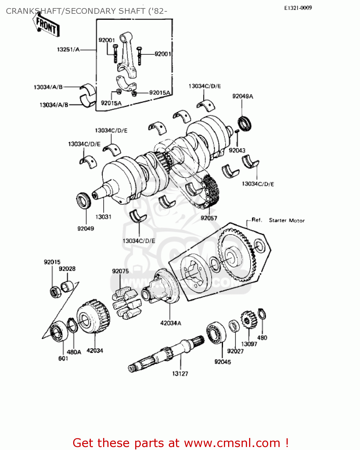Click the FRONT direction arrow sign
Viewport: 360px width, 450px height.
[46, 26]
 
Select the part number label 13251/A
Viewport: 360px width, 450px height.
[68, 49]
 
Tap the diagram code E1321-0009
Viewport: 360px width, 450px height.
[298, 8]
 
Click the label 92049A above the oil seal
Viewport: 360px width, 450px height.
[242, 96]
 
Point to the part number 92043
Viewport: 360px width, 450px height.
[237, 150]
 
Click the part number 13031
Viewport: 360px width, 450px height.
[103, 217]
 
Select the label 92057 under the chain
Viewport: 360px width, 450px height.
[209, 218]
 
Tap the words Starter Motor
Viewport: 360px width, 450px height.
[287, 220]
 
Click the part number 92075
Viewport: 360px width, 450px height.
[120, 271]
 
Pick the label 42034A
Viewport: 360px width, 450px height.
[171, 323]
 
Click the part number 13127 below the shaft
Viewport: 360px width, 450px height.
[180, 373]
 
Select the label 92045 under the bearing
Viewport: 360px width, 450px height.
[222, 362]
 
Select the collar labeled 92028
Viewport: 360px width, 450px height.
[67, 286]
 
